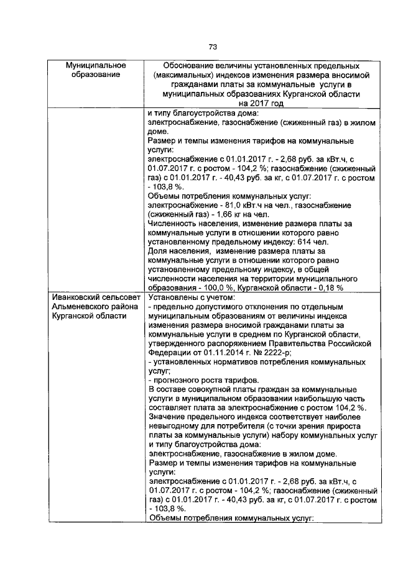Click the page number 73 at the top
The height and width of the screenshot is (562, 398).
(212, 47)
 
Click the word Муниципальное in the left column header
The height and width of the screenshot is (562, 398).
(96, 66)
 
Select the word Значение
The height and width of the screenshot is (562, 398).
(168, 418)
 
